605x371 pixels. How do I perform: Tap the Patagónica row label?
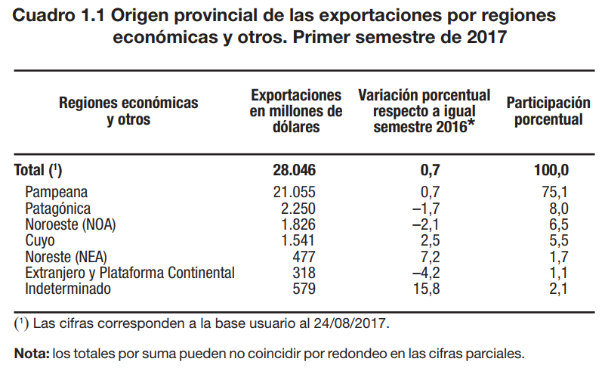[58, 209]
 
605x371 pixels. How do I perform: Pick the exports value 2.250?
[294, 209]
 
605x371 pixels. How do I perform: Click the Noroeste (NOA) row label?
[71, 225]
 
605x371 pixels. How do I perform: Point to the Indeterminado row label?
[68, 289]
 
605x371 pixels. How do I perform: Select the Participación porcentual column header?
[548, 111]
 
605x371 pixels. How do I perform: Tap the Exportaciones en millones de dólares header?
[296, 111]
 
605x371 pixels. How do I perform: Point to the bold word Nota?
[31, 353]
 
